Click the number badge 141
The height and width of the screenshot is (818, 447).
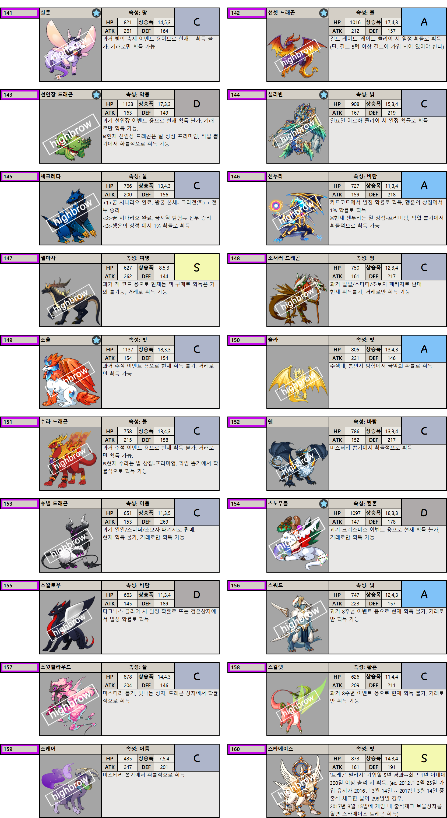click(19, 13)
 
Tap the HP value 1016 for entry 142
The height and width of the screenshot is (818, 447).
click(355, 22)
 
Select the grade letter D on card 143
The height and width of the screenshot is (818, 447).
click(197, 104)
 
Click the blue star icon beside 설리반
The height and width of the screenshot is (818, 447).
click(324, 95)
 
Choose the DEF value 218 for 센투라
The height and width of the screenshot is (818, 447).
click(391, 195)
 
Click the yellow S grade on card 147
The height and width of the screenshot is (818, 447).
click(197, 267)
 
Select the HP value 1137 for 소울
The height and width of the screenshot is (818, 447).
click(128, 350)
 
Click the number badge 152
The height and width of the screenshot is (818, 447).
click(247, 422)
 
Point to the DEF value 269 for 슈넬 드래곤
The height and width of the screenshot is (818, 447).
click(164, 522)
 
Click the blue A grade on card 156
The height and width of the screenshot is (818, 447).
click(424, 594)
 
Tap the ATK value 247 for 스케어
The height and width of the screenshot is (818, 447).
click(128, 767)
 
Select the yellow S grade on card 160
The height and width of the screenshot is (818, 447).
click(424, 758)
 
